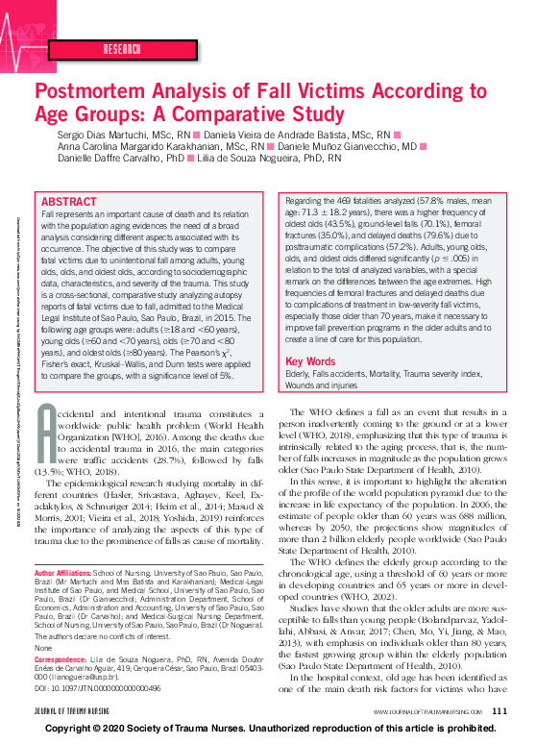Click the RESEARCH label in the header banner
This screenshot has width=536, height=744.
pos(122,47)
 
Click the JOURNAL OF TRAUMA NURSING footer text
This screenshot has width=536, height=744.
pos(76,711)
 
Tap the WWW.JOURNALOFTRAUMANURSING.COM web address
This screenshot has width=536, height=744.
pos(426,711)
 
